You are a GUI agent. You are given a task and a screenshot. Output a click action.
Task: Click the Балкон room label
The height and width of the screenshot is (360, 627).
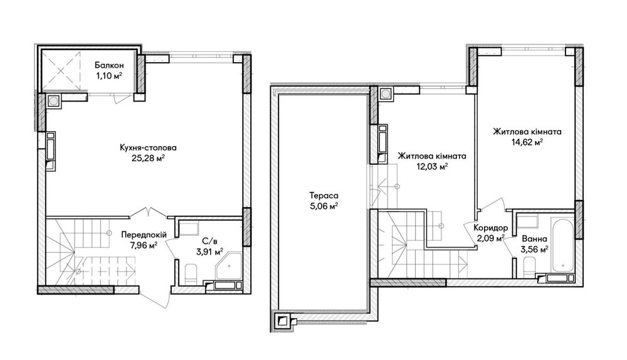point(109,65)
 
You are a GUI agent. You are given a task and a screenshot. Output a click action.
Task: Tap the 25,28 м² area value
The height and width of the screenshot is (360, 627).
point(149,158)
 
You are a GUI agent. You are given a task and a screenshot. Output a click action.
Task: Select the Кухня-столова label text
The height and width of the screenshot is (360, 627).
point(148,147)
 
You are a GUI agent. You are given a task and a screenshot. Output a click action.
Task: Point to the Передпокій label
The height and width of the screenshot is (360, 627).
point(144,235)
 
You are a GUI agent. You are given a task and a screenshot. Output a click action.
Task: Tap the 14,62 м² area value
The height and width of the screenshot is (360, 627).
point(527,142)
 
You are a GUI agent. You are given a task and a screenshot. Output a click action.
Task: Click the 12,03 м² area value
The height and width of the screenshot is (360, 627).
point(432,166)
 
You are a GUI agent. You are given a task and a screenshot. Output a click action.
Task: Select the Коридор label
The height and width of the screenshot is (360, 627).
point(491,228)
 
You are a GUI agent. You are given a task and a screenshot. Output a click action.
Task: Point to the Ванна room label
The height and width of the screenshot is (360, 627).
point(534,239)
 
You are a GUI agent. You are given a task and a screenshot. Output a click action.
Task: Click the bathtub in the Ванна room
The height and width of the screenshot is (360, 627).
point(562,245)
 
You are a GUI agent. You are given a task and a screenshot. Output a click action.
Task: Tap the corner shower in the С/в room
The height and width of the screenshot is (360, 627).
point(229,265)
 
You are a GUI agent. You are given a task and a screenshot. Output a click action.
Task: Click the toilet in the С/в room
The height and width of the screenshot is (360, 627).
point(191,273)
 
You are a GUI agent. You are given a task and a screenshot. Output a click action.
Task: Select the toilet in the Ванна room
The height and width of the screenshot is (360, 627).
point(529,267)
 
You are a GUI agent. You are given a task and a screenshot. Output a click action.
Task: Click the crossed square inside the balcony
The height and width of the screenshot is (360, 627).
point(61,71)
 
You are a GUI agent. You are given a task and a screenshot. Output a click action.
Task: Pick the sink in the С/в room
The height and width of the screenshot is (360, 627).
point(188,228)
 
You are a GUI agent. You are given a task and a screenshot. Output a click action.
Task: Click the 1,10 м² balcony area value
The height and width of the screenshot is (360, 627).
point(109,75)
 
